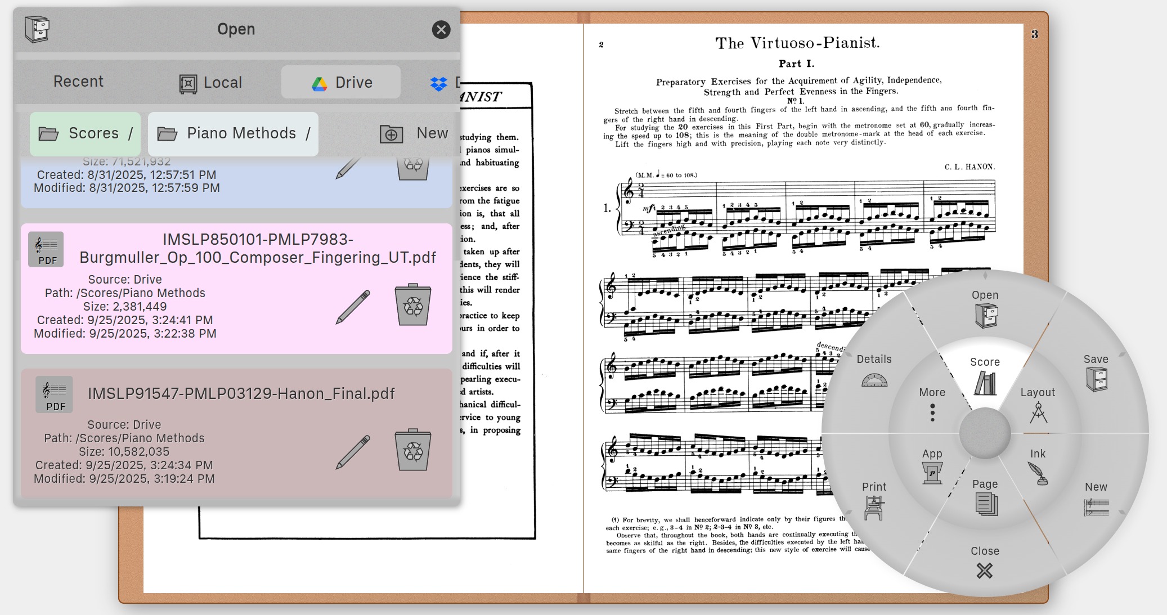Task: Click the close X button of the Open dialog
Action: [x=441, y=29]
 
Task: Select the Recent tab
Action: [x=78, y=82]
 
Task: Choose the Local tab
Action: [x=211, y=83]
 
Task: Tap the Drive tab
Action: [x=342, y=83]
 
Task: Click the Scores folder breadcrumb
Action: [x=85, y=133]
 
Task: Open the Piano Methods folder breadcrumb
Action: [x=233, y=133]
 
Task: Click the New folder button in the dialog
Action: [x=414, y=133]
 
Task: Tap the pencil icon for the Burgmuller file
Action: [x=353, y=307]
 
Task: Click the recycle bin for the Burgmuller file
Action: [x=413, y=305]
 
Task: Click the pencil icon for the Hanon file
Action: [x=353, y=452]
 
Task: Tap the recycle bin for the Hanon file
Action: [x=413, y=450]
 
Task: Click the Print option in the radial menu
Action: [x=874, y=500]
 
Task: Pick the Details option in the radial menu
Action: [x=874, y=371]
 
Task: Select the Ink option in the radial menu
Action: [x=1038, y=467]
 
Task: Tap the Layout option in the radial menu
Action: [x=1038, y=405]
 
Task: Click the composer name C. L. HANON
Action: [x=969, y=167]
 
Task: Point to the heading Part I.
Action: [x=796, y=64]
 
